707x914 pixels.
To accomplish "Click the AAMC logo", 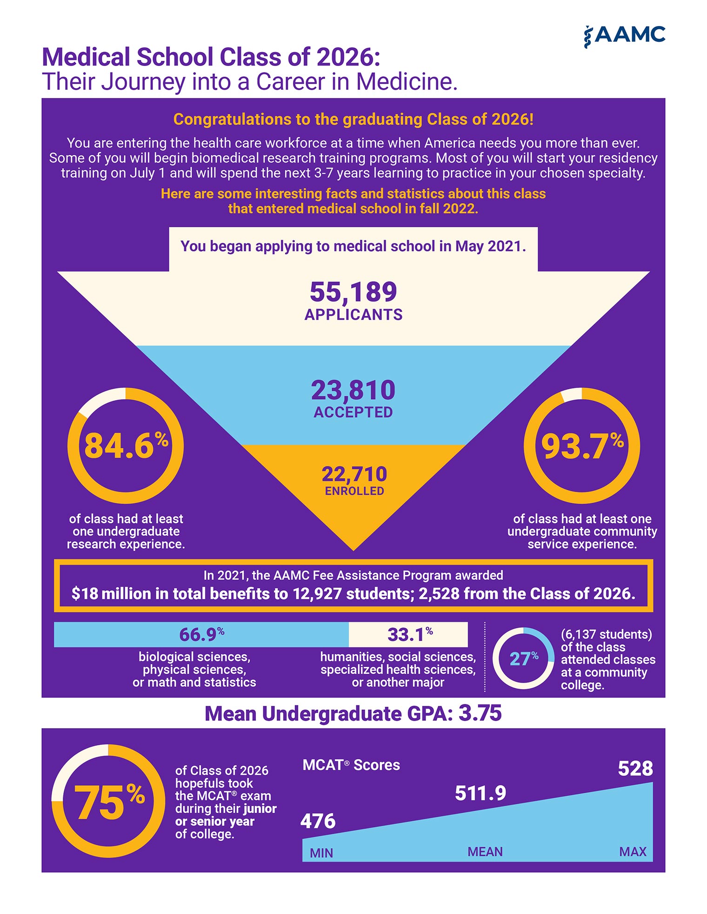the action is pyautogui.click(x=624, y=36).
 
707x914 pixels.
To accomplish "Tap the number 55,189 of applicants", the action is pyautogui.click(x=353, y=292).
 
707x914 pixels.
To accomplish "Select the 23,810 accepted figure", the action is pyautogui.click(x=353, y=390).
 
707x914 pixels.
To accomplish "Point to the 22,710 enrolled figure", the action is pyautogui.click(x=354, y=474).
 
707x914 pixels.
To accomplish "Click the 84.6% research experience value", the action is pyautogui.click(x=126, y=445).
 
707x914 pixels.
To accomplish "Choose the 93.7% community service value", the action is pyautogui.click(x=582, y=446).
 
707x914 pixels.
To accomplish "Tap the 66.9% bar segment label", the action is pyautogui.click(x=202, y=634).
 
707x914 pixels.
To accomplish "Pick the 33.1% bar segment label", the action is pyautogui.click(x=410, y=634).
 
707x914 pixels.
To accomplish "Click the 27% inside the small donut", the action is pyautogui.click(x=524, y=658).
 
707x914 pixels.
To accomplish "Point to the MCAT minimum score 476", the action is pyautogui.click(x=318, y=821).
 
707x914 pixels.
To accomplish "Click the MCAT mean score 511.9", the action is pyautogui.click(x=480, y=793).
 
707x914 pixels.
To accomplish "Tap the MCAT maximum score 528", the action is pyautogui.click(x=635, y=769).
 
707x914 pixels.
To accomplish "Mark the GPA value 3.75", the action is pyautogui.click(x=480, y=713).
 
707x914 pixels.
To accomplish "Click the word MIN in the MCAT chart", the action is pyautogui.click(x=321, y=853).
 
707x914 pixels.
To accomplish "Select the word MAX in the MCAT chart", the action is pyautogui.click(x=633, y=852).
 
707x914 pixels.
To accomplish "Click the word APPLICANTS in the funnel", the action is pyautogui.click(x=353, y=315).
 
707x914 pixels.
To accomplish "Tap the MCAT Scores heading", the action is pyautogui.click(x=351, y=765).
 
